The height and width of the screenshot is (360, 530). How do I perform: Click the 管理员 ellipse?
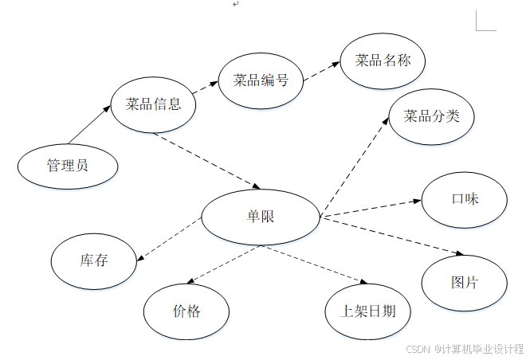pyautogui.click(x=68, y=166)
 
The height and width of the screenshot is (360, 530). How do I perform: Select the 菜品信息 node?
pyautogui.click(x=154, y=104)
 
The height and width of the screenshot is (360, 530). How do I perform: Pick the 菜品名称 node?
pyautogui.click(x=383, y=61)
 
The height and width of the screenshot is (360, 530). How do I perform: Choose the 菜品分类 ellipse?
pyautogui.click(x=432, y=117)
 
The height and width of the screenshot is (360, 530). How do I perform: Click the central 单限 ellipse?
pyautogui.click(x=261, y=217)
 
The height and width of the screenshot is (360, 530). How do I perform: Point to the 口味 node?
pyautogui.click(x=464, y=200)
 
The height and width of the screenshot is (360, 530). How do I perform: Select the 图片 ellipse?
pyautogui.click(x=464, y=283)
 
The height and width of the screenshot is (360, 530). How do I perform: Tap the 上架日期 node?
pyautogui.click(x=368, y=311)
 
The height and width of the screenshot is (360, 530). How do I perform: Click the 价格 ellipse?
pyautogui.click(x=186, y=311)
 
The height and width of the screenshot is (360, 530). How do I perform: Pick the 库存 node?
pyautogui.click(x=93, y=260)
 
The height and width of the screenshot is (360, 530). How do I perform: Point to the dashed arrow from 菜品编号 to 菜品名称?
pyautogui.click(x=321, y=71)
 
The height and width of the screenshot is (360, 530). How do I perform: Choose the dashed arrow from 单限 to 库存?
pyautogui.click(x=169, y=241)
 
